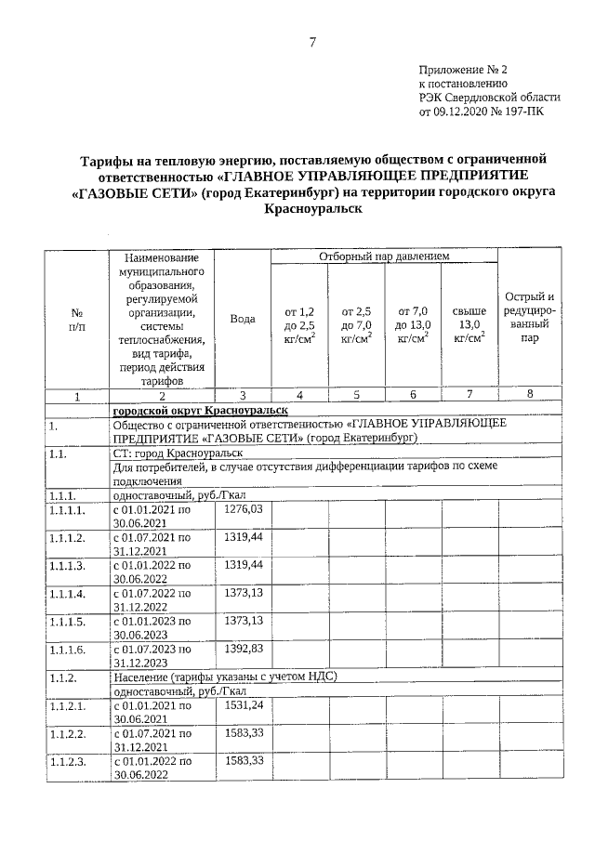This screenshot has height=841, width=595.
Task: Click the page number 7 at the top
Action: pyautogui.click(x=313, y=42)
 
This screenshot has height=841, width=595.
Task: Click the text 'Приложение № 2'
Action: pyautogui.click(x=463, y=70)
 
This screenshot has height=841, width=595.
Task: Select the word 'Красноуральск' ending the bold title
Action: pyautogui.click(x=312, y=211)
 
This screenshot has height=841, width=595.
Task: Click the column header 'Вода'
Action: pyautogui.click(x=243, y=319)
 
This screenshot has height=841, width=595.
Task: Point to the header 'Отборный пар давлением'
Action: pyautogui.click(x=384, y=256)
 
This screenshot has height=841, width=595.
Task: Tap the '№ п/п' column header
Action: pyautogui.click(x=77, y=320)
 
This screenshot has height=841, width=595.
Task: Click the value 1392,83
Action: pyautogui.click(x=245, y=647)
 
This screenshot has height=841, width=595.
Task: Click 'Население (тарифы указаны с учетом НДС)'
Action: pyautogui.click(x=223, y=677)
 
